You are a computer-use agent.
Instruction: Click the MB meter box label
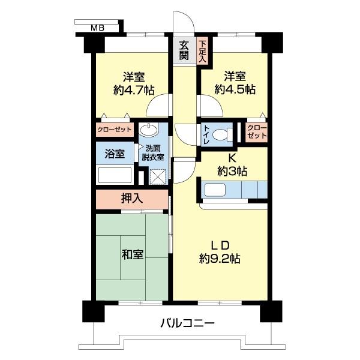tap(98, 28)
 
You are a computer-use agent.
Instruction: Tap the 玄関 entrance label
tap(184, 50)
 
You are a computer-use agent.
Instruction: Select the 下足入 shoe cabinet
tap(202, 51)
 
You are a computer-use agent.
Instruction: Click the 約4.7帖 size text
tap(134, 90)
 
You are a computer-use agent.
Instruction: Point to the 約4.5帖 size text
tap(235, 89)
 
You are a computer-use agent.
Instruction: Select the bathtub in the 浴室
tap(115, 175)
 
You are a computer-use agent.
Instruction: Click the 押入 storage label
tap(132, 199)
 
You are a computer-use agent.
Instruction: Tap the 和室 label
tap(132, 254)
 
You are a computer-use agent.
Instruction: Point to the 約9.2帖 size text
tap(220, 259)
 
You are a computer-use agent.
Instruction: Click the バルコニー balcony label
tap(187, 323)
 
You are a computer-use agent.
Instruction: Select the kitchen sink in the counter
tap(215, 190)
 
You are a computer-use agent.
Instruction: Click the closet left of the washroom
tap(115, 130)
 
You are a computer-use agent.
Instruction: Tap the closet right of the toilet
tap(257, 132)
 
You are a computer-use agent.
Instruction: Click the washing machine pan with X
tap(157, 177)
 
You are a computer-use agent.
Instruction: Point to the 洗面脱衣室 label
tap(153, 152)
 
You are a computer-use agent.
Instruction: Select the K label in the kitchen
tap(232, 158)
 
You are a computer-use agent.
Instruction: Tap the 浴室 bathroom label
tap(115, 154)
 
